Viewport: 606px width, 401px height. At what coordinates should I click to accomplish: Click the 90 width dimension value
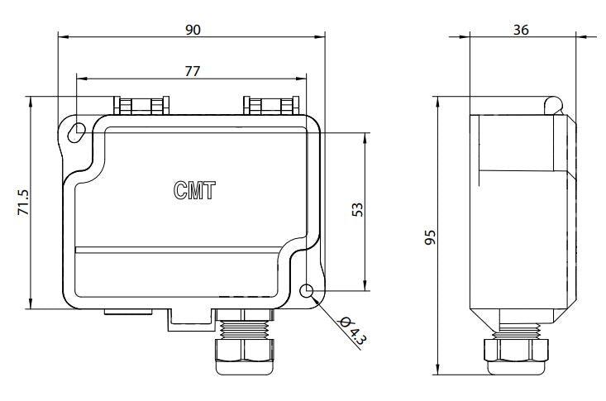tap(193, 29)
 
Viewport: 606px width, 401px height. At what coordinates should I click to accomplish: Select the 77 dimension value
tap(192, 72)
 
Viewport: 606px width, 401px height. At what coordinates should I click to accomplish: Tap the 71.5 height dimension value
tap(23, 203)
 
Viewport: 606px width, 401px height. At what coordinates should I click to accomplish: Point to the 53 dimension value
tap(358, 210)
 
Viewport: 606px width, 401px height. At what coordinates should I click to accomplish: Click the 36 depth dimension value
tap(521, 29)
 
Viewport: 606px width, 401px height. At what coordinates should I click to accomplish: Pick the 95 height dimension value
tap(430, 239)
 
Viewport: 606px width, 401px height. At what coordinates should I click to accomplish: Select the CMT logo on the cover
tap(194, 191)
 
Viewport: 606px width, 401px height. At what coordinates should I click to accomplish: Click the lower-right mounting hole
tap(308, 291)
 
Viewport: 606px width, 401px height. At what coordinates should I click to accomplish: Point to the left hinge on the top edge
tap(142, 106)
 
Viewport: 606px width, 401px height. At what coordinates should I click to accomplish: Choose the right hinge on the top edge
tap(270, 106)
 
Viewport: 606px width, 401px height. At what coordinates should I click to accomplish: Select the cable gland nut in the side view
tap(517, 349)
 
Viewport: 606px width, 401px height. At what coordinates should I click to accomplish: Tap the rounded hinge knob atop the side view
tap(554, 103)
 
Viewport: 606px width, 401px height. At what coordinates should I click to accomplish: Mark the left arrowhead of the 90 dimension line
tap(62, 36)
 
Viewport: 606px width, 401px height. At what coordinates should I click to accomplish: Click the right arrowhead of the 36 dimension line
tap(573, 36)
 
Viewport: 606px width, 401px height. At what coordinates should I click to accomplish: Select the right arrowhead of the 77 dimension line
tap(303, 79)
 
